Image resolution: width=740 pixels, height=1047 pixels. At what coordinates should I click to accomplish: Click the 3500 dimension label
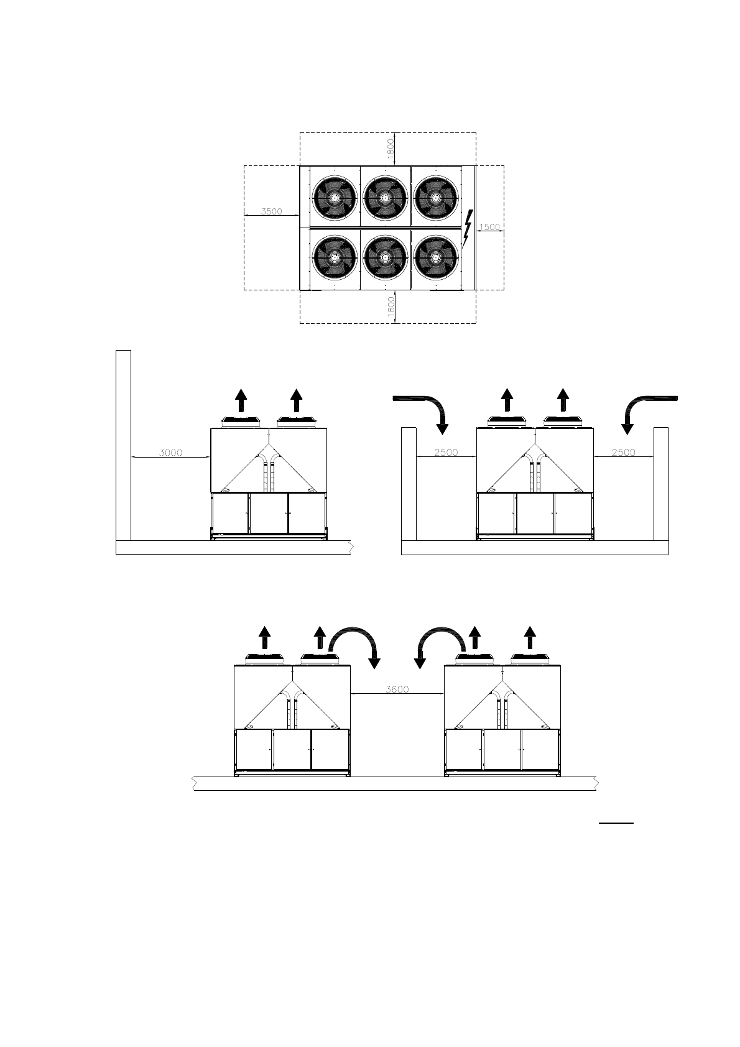tap(271, 211)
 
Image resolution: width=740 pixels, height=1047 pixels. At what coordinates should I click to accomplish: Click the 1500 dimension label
tap(489, 227)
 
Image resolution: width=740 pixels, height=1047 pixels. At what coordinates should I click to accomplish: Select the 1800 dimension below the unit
tap(390, 307)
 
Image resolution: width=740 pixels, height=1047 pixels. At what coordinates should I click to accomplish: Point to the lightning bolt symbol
tap(467, 228)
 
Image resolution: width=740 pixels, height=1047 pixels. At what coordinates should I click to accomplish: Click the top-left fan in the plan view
tap(335, 196)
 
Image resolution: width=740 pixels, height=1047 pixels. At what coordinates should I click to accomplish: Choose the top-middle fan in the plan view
tap(386, 196)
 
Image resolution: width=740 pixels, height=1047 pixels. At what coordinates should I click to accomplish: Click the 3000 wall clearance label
tap(170, 453)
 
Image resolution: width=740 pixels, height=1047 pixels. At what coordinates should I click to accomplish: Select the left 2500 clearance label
tap(446, 453)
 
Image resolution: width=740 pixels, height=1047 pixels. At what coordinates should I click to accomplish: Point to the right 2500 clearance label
tap(623, 453)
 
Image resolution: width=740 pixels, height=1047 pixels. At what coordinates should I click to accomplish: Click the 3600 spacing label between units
tap(397, 690)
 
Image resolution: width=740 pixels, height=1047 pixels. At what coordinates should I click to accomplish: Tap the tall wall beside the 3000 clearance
tap(123, 445)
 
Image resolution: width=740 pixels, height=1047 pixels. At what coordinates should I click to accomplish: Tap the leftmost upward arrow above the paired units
tap(265, 639)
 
